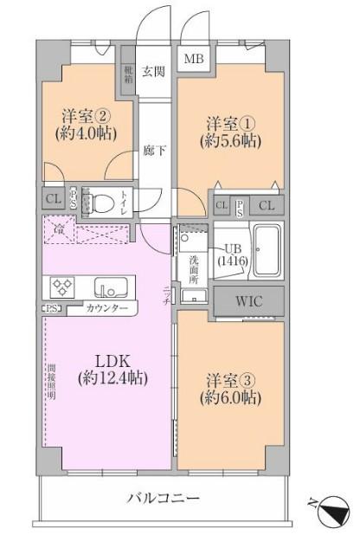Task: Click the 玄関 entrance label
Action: (153, 72)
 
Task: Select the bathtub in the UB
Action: (267, 250)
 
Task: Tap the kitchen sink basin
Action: (111, 287)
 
